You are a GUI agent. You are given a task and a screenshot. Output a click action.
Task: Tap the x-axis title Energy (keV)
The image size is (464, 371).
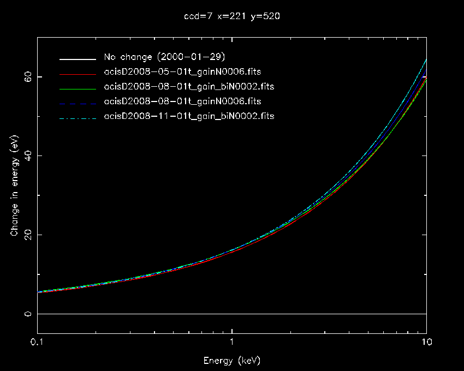point(232,361)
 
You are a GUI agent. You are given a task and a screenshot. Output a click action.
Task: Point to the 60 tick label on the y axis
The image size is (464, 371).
point(27,77)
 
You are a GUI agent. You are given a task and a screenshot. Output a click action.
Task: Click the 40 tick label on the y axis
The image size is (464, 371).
point(27,156)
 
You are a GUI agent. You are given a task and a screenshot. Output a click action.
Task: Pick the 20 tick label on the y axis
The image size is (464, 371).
point(27,235)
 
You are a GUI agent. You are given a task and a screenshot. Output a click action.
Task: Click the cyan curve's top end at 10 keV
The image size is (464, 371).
point(426,59)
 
